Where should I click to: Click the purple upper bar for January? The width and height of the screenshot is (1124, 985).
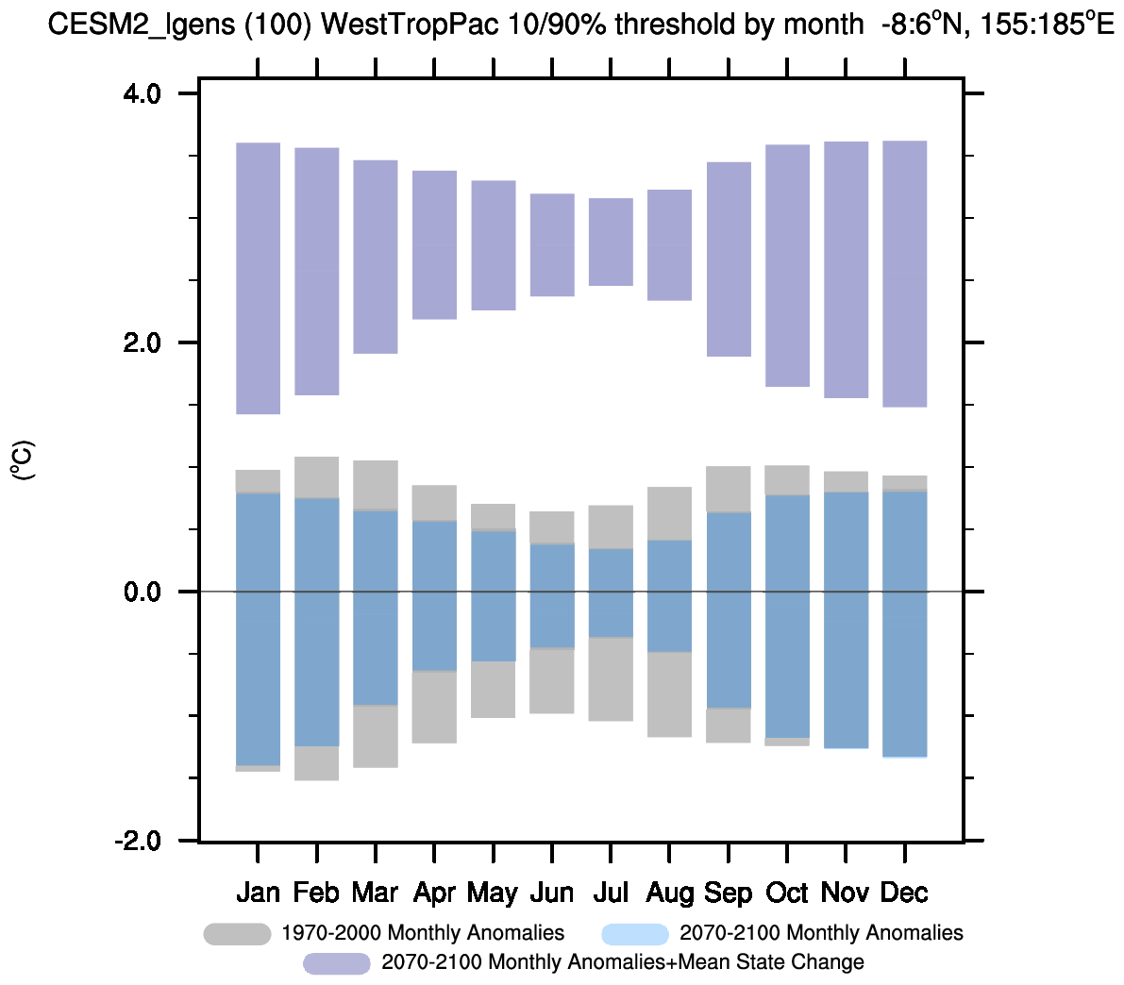(258, 278)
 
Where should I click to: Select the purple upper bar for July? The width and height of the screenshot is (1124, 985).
(611, 242)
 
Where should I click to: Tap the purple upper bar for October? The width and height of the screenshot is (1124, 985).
(787, 265)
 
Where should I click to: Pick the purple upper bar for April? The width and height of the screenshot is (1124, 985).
(434, 244)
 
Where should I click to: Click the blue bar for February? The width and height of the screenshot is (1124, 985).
(316, 622)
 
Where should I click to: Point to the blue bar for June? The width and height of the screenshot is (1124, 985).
(552, 595)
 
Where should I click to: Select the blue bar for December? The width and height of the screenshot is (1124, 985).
(904, 624)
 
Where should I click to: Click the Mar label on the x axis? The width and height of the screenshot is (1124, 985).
(375, 893)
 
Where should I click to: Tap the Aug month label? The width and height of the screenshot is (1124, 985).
(670, 893)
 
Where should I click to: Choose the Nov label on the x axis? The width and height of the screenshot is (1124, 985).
(846, 893)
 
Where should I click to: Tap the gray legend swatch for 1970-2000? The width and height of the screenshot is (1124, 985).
(237, 934)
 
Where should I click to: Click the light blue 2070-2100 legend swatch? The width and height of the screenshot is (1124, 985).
(635, 934)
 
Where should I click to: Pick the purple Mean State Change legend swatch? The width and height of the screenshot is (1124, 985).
(336, 963)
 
